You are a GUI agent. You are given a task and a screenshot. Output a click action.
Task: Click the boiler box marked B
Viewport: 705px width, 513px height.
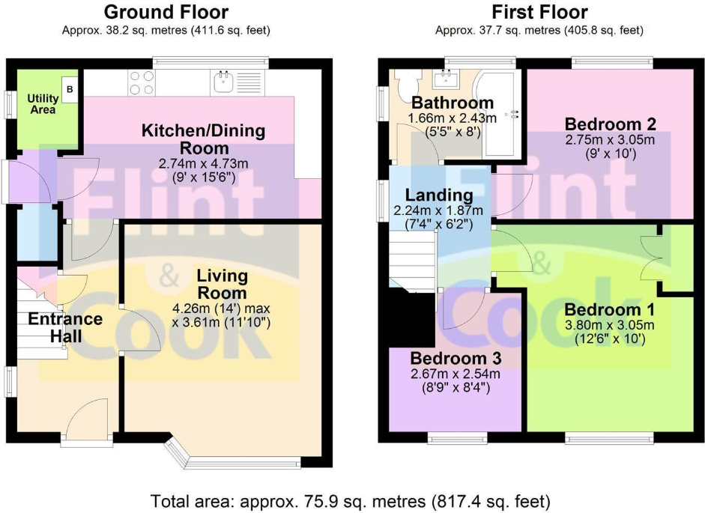tap(70, 88)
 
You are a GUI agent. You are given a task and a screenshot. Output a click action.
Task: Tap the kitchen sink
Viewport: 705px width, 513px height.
tap(225, 81)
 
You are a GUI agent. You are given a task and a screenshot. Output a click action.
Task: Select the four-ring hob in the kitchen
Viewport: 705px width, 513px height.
tap(141, 82)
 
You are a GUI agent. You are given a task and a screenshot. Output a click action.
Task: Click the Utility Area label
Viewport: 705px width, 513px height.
tap(43, 103)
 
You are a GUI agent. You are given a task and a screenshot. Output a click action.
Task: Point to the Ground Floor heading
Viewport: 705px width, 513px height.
tap(166, 12)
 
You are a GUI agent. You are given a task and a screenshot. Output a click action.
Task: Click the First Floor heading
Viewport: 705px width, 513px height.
tap(539, 12)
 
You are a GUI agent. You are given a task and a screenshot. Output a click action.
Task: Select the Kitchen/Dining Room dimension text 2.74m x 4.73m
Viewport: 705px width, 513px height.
tap(204, 163)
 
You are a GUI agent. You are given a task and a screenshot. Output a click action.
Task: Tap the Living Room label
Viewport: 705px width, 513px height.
tap(222, 283)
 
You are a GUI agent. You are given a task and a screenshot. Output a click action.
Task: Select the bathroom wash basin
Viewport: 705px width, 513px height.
tap(450, 78)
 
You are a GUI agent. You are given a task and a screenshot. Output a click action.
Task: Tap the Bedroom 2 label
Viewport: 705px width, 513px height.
tap(600, 124)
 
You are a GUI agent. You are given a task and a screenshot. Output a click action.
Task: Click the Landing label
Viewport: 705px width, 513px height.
tap(438, 195)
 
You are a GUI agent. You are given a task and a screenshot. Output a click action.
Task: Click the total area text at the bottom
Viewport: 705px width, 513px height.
tap(351, 500)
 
